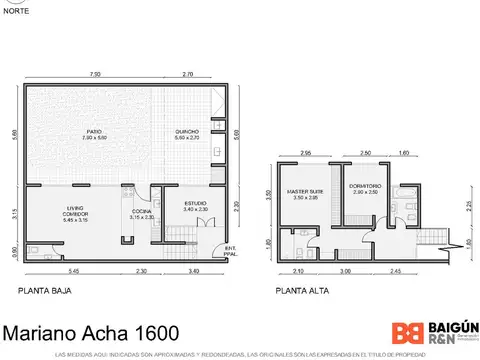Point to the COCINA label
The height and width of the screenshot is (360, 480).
pos(141,213)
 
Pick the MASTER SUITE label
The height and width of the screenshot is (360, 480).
pos(303,193)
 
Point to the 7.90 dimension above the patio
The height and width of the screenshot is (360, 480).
pos(94,75)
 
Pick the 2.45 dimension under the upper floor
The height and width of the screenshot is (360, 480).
pos(395,272)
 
